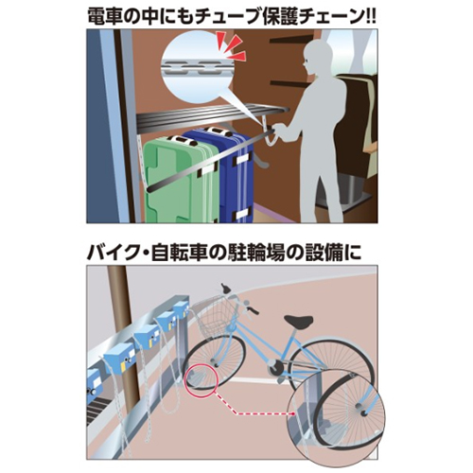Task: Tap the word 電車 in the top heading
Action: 106,16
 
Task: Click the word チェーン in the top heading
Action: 326,16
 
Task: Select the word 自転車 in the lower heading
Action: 179,254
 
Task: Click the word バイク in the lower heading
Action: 111,254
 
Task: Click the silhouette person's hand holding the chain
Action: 279,129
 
